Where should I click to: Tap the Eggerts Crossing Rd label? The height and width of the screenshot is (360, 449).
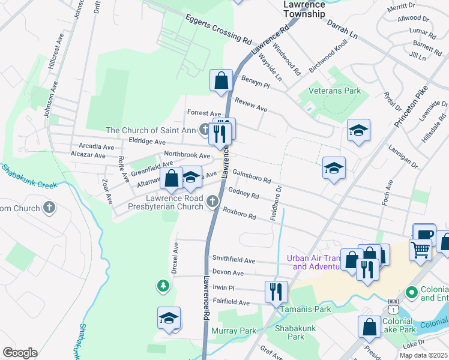(218, 29)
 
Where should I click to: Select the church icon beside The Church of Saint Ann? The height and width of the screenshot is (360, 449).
(204, 130)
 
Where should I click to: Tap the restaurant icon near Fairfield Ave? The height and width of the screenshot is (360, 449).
(276, 292)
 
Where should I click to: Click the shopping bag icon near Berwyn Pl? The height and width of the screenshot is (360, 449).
(221, 80)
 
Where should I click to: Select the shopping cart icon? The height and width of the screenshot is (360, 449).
(420, 248)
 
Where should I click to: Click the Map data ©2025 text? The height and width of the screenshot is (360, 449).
(423, 355)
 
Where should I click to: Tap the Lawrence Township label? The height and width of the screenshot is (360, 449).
(304, 8)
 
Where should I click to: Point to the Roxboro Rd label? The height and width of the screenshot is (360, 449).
(240, 213)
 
